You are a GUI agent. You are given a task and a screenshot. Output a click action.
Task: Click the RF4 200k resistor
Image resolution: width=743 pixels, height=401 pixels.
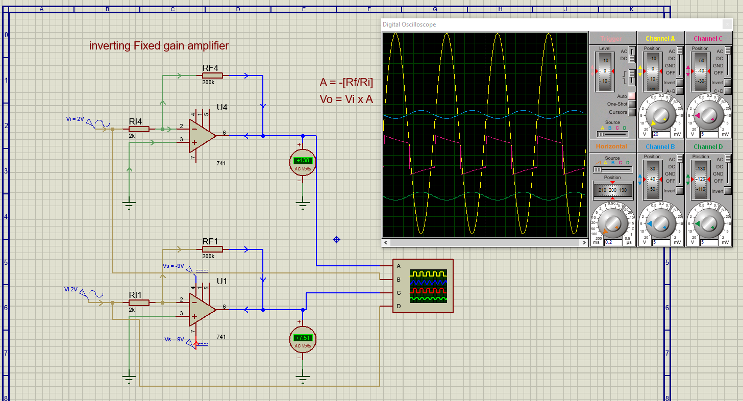click(212, 76)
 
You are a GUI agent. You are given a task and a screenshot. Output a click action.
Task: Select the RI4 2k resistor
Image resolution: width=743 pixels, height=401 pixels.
click(139, 129)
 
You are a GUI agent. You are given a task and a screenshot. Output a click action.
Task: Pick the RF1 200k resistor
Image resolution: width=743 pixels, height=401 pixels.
click(212, 249)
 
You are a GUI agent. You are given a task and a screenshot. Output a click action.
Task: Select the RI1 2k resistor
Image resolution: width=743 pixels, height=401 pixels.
click(139, 303)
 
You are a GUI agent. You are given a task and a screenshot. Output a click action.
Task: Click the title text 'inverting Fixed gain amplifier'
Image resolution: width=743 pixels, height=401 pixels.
click(159, 45)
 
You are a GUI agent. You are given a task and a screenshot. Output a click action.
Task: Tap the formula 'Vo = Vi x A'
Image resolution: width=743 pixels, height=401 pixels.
click(346, 99)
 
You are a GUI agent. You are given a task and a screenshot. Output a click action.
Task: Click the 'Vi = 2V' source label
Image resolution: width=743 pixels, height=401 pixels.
click(75, 119)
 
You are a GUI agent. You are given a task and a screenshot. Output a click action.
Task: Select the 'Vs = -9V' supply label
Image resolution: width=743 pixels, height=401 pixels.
click(173, 266)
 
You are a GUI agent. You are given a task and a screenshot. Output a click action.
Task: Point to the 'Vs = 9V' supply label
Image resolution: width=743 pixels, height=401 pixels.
click(174, 339)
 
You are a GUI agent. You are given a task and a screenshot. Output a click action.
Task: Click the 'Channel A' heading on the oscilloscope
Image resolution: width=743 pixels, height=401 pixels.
click(660, 38)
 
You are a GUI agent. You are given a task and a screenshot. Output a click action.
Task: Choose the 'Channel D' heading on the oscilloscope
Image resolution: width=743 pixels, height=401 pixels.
click(708, 147)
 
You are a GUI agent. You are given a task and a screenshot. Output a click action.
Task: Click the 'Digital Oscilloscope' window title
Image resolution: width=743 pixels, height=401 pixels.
click(409, 24)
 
